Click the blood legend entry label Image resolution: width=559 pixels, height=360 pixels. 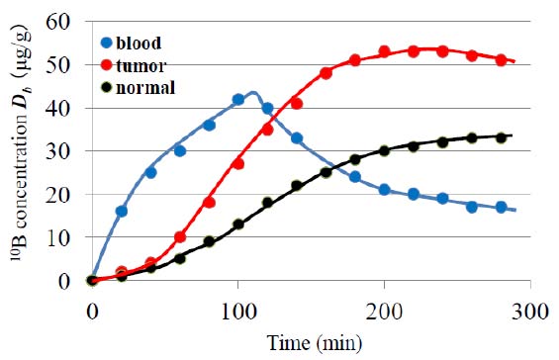[x=140, y=44]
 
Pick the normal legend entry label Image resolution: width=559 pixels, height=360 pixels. [x=144, y=87]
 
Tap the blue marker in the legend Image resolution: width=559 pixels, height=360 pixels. [x=105, y=44]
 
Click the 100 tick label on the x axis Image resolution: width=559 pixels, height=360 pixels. [x=237, y=307]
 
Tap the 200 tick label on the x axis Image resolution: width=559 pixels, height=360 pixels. [x=384, y=307]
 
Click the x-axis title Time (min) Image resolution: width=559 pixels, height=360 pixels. [x=312, y=342]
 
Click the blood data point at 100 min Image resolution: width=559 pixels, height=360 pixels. [x=238, y=100]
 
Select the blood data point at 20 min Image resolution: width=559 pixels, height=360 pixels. [x=121, y=212]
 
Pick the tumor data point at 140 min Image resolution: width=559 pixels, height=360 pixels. [x=297, y=104]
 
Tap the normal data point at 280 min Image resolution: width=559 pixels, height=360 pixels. [x=502, y=137]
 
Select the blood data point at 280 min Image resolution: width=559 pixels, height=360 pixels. [x=502, y=207]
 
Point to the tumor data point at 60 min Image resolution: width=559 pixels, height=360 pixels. [x=180, y=237]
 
